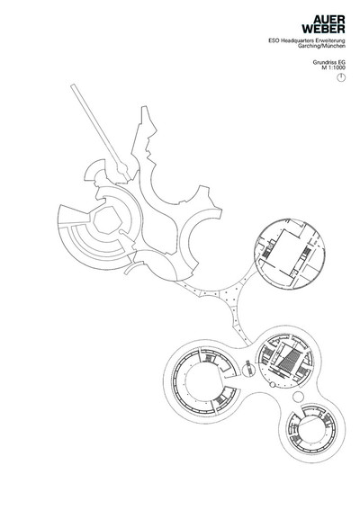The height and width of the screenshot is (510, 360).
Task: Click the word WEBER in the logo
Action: tap(323, 29)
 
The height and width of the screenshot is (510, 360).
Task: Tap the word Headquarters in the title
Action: tap(293, 40)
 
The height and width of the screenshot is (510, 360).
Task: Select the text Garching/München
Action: tap(321, 46)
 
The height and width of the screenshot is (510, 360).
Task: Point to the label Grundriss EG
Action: tap(328, 62)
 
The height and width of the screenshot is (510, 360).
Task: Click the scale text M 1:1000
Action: tap(334, 67)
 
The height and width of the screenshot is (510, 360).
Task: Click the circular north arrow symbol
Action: tap(341, 77)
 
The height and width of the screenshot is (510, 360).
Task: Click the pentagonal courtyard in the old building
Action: tap(106, 220)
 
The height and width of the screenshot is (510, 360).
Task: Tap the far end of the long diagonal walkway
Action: tap(73, 85)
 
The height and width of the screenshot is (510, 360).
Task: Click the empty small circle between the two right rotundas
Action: tap(298, 396)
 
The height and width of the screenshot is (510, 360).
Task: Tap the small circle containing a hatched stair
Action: tap(248, 369)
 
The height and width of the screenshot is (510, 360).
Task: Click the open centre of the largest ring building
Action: tap(204, 383)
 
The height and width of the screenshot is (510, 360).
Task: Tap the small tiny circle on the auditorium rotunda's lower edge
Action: tap(273, 385)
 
